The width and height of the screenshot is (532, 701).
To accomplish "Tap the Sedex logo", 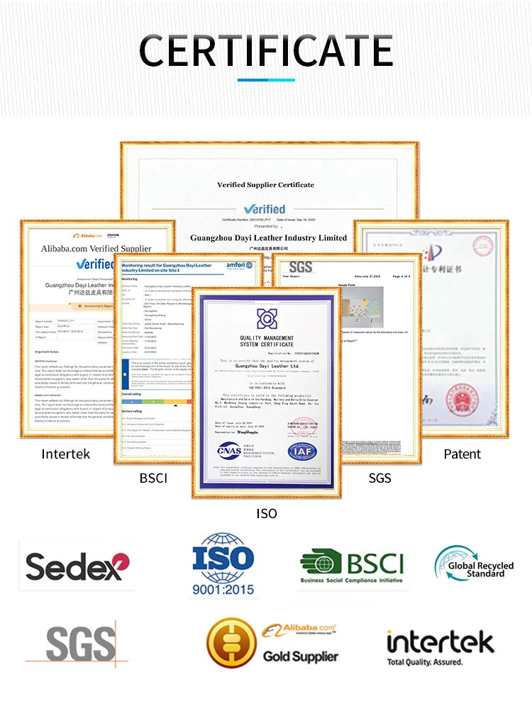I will click(x=78, y=566).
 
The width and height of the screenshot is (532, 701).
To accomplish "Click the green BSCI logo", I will click(x=352, y=566).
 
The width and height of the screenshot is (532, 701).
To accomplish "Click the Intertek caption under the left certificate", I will click(x=66, y=454).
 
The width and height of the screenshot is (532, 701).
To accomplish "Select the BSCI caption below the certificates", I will click(x=153, y=478).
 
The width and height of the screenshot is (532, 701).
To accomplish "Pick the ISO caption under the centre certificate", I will click(x=266, y=513).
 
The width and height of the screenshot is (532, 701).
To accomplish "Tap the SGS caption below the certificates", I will click(x=379, y=478).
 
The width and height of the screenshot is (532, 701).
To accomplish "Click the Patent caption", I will click(x=462, y=454).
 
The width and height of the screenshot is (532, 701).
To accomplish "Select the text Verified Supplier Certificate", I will click(x=265, y=184).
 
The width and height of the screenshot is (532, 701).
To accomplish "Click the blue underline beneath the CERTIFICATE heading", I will click(x=265, y=79).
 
